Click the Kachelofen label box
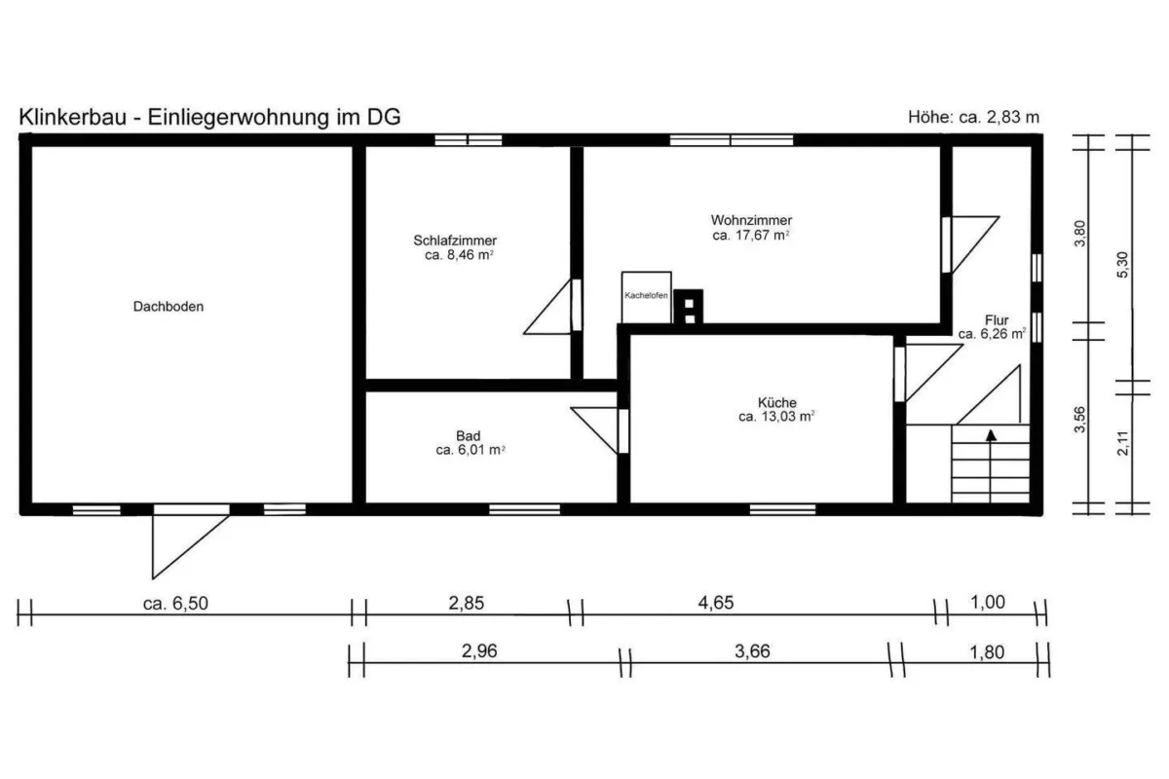coord(646,297)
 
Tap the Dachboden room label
coord(168,307)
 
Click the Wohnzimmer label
coord(751,220)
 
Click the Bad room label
coord(469,435)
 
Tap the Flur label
coord(997,319)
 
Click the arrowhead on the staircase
coord(991,435)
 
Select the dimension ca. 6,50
coord(175,603)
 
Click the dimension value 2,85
coord(467,603)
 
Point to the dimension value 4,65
coord(716,602)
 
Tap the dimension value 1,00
coord(988,602)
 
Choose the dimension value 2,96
coord(479,650)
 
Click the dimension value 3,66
coord(752,651)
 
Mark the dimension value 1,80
coord(987,652)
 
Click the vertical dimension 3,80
coord(1079,234)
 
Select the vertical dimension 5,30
coord(1122,265)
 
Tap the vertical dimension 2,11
coord(1123,443)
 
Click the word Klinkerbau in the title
coord(72,117)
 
